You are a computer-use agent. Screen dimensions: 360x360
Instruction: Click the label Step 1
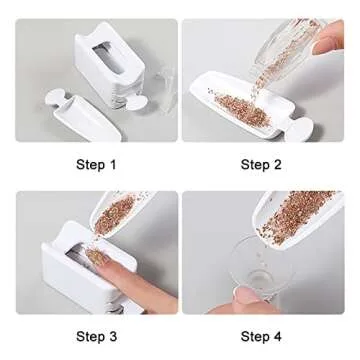[97, 164]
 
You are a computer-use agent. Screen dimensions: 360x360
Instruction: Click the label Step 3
[97, 336]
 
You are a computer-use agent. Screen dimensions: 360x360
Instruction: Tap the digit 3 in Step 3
[113, 336]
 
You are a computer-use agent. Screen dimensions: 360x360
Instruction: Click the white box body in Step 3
[70, 285]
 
